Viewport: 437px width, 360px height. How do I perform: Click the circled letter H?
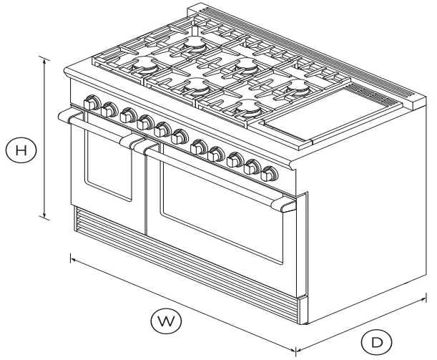(x=23, y=150)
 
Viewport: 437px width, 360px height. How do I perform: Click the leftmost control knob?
(x=91, y=104)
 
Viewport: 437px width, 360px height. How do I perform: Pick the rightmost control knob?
(x=270, y=174)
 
